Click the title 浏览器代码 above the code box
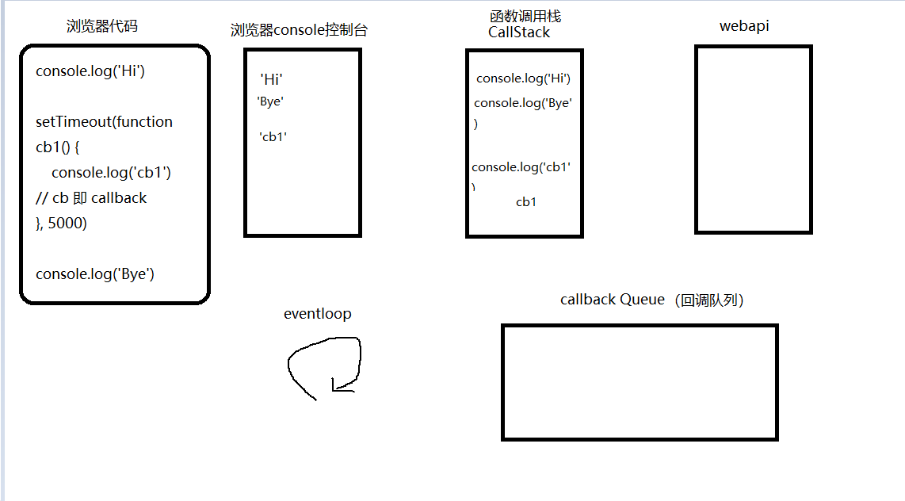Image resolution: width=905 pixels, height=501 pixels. [102, 26]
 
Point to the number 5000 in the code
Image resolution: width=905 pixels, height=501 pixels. [67, 224]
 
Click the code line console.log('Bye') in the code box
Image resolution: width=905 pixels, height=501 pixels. [94, 274]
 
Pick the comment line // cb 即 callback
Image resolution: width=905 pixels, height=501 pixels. [91, 198]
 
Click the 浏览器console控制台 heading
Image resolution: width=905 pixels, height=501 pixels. [299, 31]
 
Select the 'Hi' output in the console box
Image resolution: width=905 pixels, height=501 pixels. [271, 79]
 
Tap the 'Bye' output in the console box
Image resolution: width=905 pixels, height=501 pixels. [270, 101]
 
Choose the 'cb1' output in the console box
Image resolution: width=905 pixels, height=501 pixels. [273, 136]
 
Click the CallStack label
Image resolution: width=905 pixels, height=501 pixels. [519, 33]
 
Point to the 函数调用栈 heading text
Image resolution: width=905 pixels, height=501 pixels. [525, 17]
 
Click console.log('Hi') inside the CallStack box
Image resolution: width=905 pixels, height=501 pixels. [523, 78]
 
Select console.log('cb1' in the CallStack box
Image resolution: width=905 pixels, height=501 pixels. [521, 167]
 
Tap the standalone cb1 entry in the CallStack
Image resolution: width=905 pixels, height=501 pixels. [526, 202]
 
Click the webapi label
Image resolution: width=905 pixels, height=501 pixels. [744, 26]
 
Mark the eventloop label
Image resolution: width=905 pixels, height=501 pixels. [317, 314]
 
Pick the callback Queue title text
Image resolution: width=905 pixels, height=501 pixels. [612, 300]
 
